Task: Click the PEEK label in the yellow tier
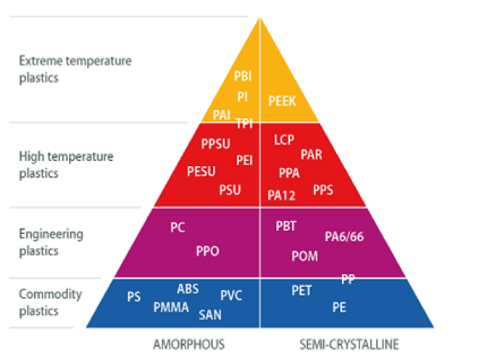coord(282,101)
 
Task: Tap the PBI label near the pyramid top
coord(243,76)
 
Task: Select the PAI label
coord(222,114)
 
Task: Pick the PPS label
coord(323,190)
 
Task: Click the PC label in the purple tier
coord(178,227)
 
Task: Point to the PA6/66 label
coord(343,237)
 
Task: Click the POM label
coord(304,256)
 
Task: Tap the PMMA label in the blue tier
coord(171,308)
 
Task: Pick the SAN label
coord(210,314)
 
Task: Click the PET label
coord(301,290)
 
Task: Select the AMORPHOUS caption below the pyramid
coord(188,343)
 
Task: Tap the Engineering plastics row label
coord(51,243)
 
